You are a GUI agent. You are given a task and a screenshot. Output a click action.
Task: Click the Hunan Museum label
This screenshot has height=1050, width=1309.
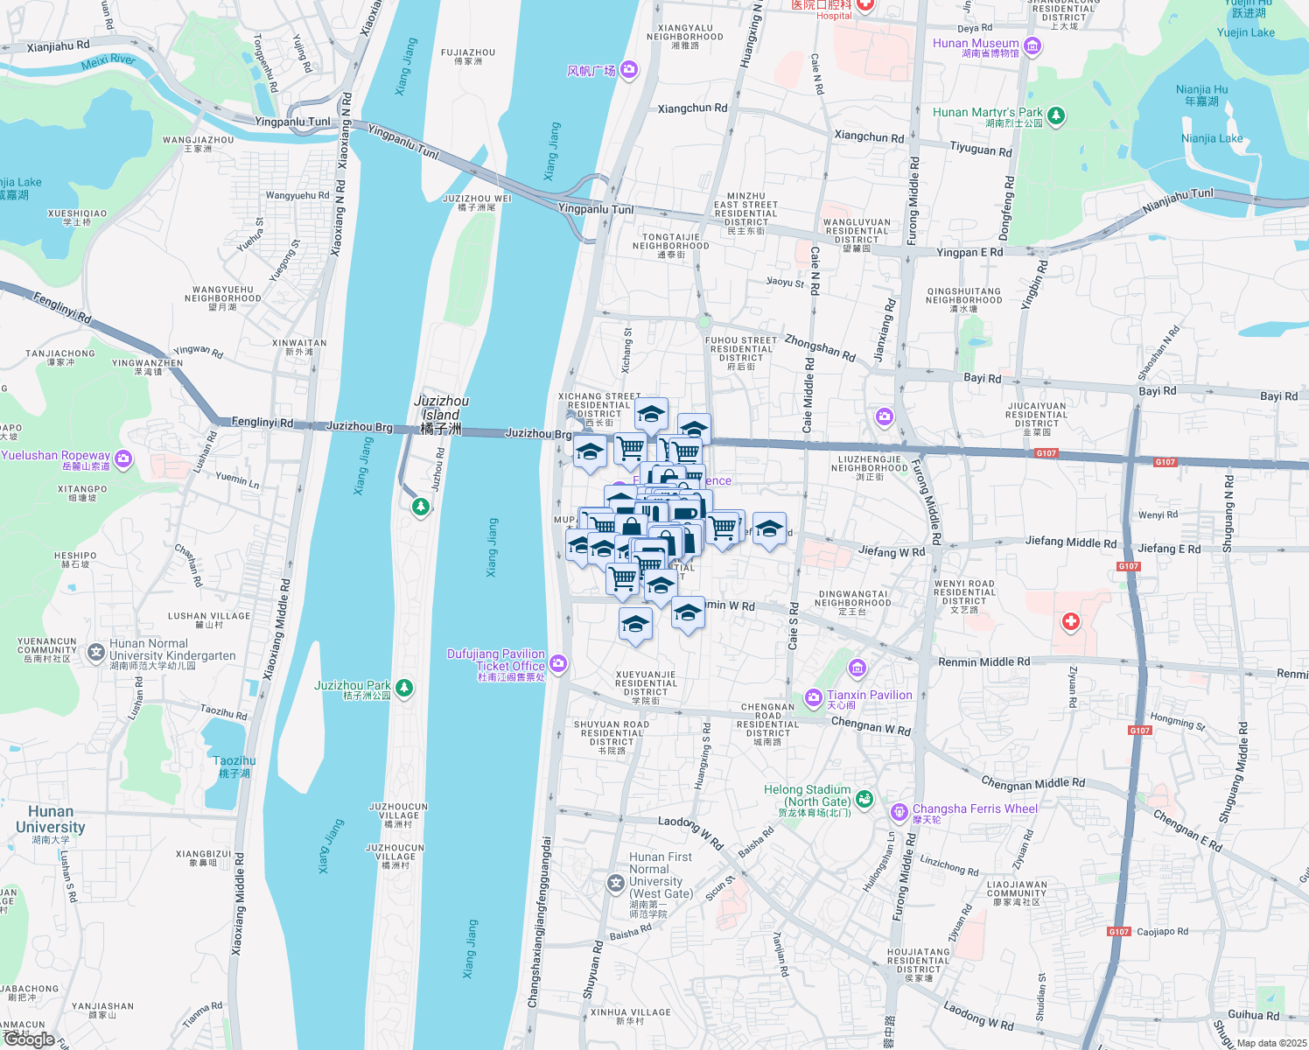pyautogui.click(x=976, y=44)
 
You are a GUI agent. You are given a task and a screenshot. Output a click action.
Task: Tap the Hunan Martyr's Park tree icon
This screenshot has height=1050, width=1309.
pyautogui.click(x=1056, y=115)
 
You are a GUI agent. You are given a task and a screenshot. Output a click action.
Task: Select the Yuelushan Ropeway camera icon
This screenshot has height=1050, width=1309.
pyautogui.click(x=123, y=458)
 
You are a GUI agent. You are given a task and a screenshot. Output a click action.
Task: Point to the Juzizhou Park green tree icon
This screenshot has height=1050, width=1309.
pyautogui.click(x=404, y=688)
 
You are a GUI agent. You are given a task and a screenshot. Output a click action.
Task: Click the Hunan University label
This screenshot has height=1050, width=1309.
pyautogui.click(x=51, y=820)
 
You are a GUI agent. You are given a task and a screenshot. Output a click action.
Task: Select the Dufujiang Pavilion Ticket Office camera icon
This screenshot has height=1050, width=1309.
pyautogui.click(x=558, y=664)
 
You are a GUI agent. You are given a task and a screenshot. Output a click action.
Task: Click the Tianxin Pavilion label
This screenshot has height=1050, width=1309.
pyautogui.click(x=869, y=696)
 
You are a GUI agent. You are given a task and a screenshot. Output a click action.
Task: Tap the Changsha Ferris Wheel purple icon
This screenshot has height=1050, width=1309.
pyautogui.click(x=899, y=813)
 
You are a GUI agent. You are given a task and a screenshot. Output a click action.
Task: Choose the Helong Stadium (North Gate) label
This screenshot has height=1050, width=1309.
pyautogui.click(x=807, y=795)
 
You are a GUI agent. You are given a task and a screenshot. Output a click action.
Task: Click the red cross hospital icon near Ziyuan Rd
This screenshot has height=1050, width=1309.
pyautogui.click(x=1070, y=622)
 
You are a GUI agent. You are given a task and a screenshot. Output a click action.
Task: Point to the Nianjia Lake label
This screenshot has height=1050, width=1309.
pyautogui.click(x=1212, y=139)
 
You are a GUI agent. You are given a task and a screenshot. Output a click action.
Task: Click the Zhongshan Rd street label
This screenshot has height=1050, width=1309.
pyautogui.click(x=820, y=347)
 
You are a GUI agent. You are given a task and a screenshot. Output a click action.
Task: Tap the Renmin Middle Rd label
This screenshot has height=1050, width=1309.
pyautogui.click(x=983, y=662)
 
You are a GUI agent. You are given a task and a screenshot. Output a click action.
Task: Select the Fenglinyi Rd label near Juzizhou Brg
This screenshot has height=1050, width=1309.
pyautogui.click(x=262, y=423)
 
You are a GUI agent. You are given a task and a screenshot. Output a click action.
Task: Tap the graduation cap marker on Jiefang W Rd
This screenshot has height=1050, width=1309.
pyautogui.click(x=769, y=528)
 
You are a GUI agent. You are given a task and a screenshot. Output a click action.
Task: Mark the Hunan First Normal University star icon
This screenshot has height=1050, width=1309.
pyautogui.click(x=616, y=884)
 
